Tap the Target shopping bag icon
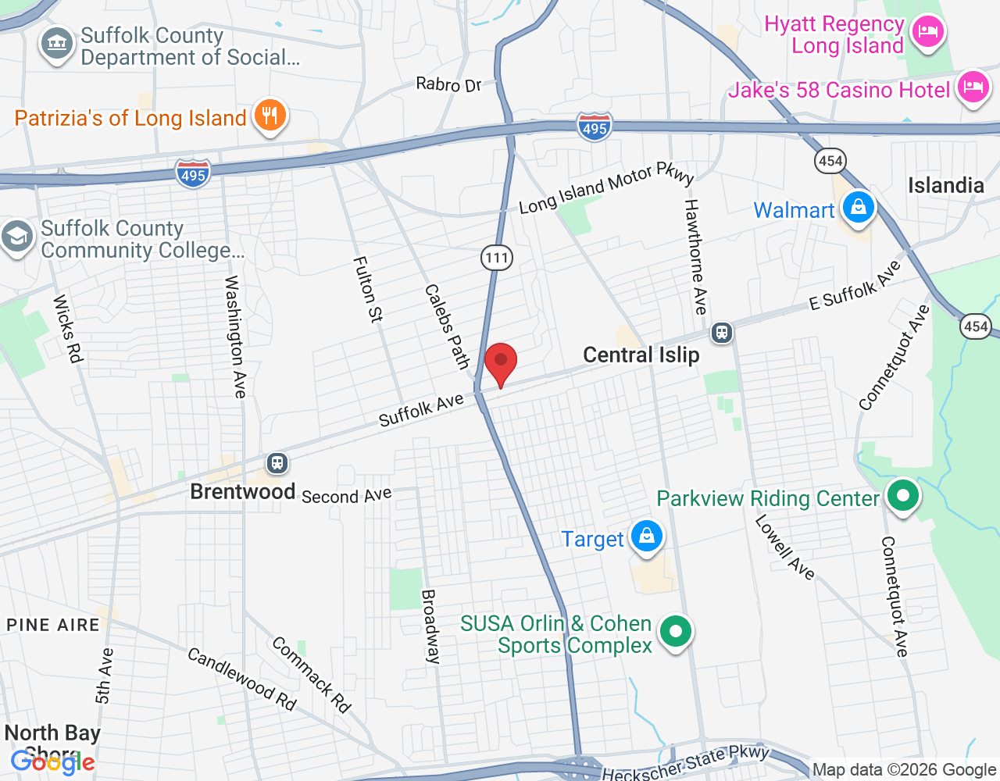(647, 537)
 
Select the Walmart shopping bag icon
(858, 209)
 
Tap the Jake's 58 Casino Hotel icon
(973, 87)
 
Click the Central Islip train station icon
(721, 333)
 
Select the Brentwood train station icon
(277, 463)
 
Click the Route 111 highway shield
(496, 258)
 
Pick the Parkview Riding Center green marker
(902, 497)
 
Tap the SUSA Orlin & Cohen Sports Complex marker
(676, 632)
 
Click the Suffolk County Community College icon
(16, 237)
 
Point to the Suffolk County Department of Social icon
(56, 45)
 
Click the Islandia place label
(945, 186)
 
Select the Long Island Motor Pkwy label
(606, 188)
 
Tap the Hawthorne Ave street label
(695, 256)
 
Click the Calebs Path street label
(447, 326)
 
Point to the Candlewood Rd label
(242, 679)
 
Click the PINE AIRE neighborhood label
(53, 625)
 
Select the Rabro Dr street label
(448, 84)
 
